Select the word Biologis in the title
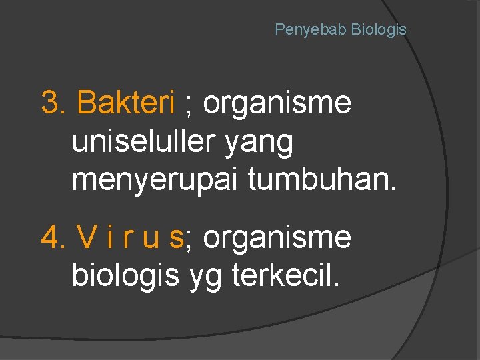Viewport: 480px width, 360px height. (379, 30)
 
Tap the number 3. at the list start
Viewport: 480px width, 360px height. (55, 103)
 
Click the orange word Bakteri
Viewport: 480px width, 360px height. (126, 103)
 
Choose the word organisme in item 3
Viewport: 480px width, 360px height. (277, 103)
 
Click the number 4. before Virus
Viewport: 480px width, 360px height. (55, 237)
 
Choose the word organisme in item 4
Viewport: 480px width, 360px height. (277, 237)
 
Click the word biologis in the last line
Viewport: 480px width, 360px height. (125, 275)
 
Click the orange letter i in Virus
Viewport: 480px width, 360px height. (107, 237)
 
